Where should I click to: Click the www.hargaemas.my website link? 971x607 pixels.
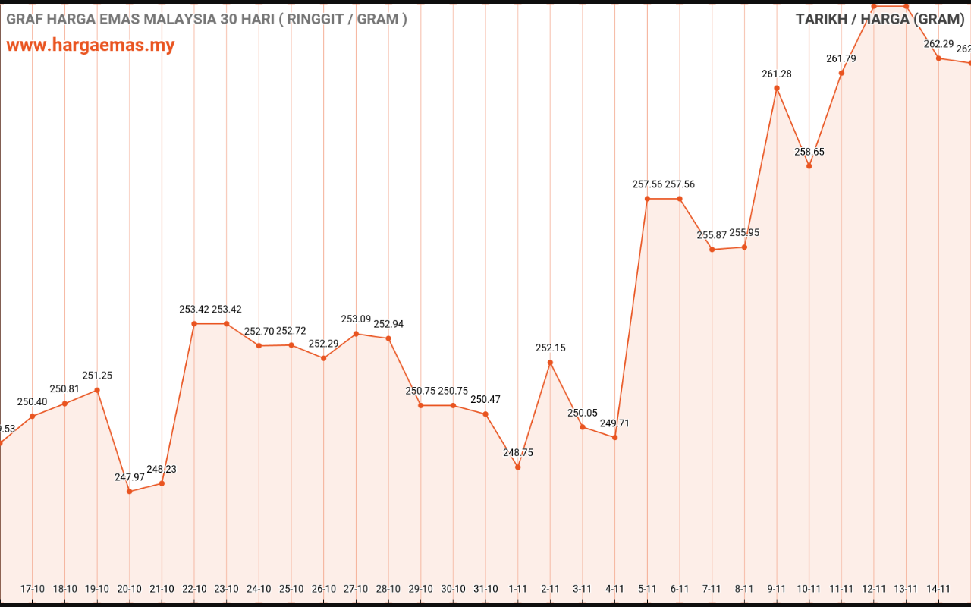coord(90,45)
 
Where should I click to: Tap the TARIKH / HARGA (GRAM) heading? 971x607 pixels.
coord(879,19)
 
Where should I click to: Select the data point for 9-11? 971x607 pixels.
coord(777,88)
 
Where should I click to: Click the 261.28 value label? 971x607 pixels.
coord(777,74)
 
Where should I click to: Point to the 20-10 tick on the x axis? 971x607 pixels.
coord(129,589)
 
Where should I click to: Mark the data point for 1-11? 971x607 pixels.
coord(517,467)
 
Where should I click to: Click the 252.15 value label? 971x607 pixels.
coord(550,348)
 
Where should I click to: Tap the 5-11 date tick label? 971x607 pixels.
coord(647,589)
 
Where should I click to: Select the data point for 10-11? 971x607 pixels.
coord(809,166)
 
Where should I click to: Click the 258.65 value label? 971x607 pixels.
coord(809,152)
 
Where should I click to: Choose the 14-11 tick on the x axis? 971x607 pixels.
coord(938,589)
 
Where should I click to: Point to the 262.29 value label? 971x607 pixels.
coord(938,44)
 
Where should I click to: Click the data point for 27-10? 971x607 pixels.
coord(356,334)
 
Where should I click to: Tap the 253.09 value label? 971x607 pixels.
coord(356,319)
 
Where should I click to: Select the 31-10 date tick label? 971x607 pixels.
coord(485,589)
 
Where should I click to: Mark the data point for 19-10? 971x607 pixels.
coord(97,390)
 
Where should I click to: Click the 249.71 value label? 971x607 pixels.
coord(614,423)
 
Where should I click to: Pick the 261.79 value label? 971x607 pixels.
coord(841,58)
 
